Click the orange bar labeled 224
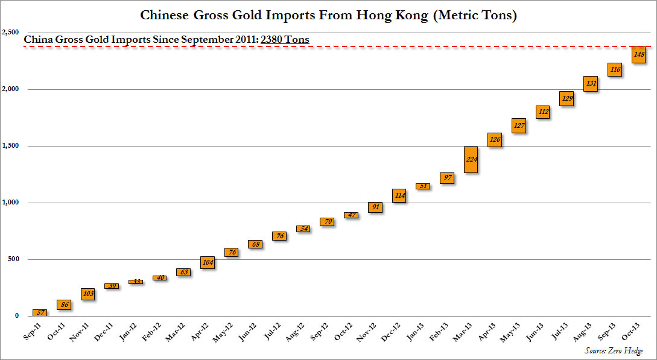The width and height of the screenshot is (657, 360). click(471, 160)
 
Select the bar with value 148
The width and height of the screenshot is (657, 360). click(639, 54)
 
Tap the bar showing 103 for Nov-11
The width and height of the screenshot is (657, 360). click(88, 294)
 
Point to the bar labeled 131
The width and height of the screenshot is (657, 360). click(591, 84)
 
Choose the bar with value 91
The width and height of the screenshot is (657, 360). click(375, 207)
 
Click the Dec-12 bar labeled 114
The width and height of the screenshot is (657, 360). click(399, 195)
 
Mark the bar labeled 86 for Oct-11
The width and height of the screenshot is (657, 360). click(64, 305)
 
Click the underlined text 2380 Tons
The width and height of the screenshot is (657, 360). click(285, 40)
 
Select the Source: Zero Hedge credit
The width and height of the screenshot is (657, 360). click(614, 350)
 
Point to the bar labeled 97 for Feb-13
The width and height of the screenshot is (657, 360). click(447, 178)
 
